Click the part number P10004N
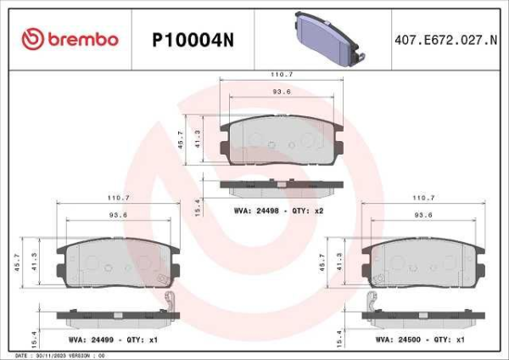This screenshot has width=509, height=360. (x=192, y=39)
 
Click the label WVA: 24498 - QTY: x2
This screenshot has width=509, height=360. (x=279, y=209)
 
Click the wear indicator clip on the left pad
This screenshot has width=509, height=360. (x=171, y=301)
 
